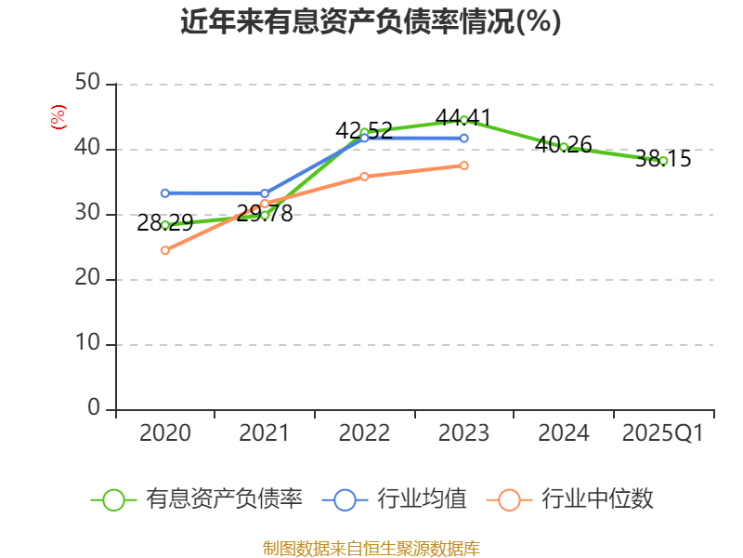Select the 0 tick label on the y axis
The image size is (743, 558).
94,409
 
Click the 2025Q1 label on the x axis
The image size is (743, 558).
663,433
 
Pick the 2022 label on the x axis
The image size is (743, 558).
364,433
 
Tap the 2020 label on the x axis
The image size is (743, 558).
165,433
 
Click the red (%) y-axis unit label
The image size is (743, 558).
58,118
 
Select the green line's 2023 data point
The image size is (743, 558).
463,120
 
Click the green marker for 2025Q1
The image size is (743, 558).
663,161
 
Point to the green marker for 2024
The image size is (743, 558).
564,147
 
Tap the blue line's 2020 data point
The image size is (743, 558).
165,193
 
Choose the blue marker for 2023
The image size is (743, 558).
463,139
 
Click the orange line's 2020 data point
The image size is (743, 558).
165,250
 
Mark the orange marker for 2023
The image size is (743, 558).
463,166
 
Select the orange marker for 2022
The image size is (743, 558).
364,177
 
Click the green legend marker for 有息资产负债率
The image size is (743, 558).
113,499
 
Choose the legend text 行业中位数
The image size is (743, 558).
598,499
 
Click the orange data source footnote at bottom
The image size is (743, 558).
371,548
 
